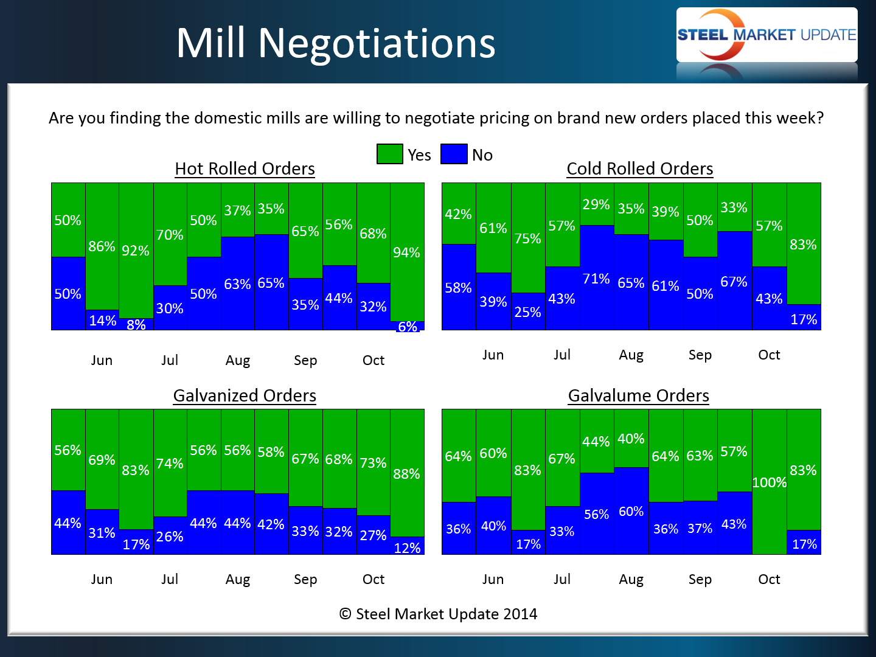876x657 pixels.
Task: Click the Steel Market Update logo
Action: tap(766, 35)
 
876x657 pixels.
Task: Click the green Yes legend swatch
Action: tap(389, 154)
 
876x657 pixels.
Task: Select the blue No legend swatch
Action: tap(454, 154)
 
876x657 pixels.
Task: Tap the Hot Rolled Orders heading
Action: tap(245, 169)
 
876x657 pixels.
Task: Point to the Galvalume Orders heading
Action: tap(638, 395)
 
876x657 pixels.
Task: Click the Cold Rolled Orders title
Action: tap(639, 169)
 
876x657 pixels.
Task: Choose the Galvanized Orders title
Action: tap(245, 395)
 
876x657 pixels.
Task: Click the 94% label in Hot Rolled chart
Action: tap(406, 252)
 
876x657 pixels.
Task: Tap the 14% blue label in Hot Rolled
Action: tap(102, 321)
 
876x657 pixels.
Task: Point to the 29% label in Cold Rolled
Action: tap(596, 204)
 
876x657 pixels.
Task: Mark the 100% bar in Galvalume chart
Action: tap(769, 482)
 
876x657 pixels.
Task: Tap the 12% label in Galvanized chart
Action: tap(407, 548)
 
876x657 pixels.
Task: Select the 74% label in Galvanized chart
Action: tap(170, 464)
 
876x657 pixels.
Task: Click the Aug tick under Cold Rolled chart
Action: tap(631, 355)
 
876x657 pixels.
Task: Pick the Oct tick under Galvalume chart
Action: tap(769, 579)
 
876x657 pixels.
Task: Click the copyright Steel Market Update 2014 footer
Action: tap(438, 614)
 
